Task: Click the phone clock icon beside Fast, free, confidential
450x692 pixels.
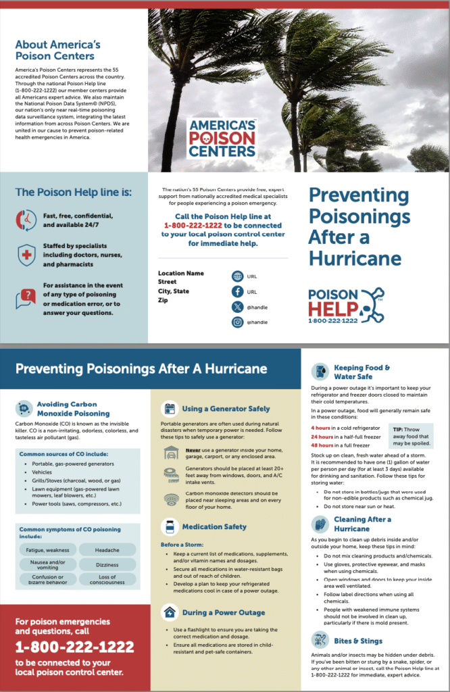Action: (26, 220)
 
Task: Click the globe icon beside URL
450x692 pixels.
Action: (237, 276)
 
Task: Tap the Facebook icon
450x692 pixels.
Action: (237, 292)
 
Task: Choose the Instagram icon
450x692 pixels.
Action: (237, 322)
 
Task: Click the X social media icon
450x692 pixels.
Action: (237, 307)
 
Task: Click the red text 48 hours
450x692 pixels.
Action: (322, 446)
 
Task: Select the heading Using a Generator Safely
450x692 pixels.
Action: (226, 409)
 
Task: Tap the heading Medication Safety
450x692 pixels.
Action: (214, 526)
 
